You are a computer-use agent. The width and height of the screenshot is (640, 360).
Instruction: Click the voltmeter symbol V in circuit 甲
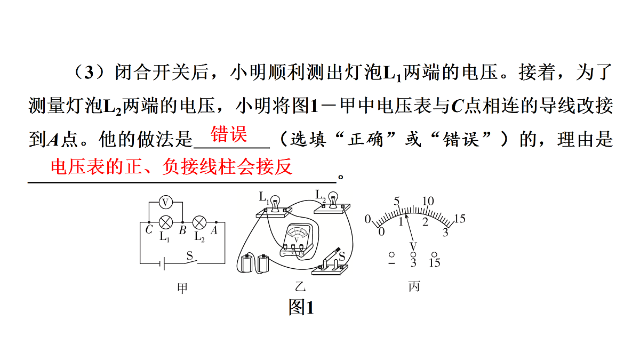[x=165, y=202]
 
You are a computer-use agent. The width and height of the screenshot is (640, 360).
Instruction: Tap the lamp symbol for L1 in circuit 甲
[x=165, y=222]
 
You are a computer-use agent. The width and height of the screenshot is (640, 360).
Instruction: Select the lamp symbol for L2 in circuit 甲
[x=199, y=222]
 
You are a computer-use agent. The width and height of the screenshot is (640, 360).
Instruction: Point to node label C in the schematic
[x=149, y=229]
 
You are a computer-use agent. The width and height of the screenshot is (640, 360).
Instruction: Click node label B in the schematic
[x=182, y=230]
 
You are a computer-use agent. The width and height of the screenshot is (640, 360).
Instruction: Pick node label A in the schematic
[x=214, y=230]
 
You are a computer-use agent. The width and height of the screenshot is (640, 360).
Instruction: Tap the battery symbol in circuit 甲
[x=162, y=263]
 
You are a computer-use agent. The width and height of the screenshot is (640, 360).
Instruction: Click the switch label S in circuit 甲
[x=190, y=255]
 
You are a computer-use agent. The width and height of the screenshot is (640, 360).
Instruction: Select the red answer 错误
[x=229, y=134]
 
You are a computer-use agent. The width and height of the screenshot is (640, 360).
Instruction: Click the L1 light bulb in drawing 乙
[x=275, y=203]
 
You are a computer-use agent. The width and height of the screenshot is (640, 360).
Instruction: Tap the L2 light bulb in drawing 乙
[x=332, y=199]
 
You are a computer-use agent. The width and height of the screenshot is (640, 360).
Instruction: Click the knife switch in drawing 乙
[x=330, y=263]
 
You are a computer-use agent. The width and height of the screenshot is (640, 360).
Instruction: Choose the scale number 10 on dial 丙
[x=428, y=201]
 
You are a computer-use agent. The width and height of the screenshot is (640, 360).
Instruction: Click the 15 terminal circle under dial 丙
[x=434, y=254]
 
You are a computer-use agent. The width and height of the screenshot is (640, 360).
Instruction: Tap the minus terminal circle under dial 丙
[x=391, y=254]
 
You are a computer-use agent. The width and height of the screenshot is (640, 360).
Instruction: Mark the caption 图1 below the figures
[x=301, y=307]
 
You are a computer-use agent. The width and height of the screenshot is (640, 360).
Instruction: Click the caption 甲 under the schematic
[x=182, y=288]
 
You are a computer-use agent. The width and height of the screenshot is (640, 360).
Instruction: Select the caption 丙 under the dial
[x=414, y=286]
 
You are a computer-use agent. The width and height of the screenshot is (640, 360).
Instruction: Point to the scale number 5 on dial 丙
[x=397, y=201]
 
